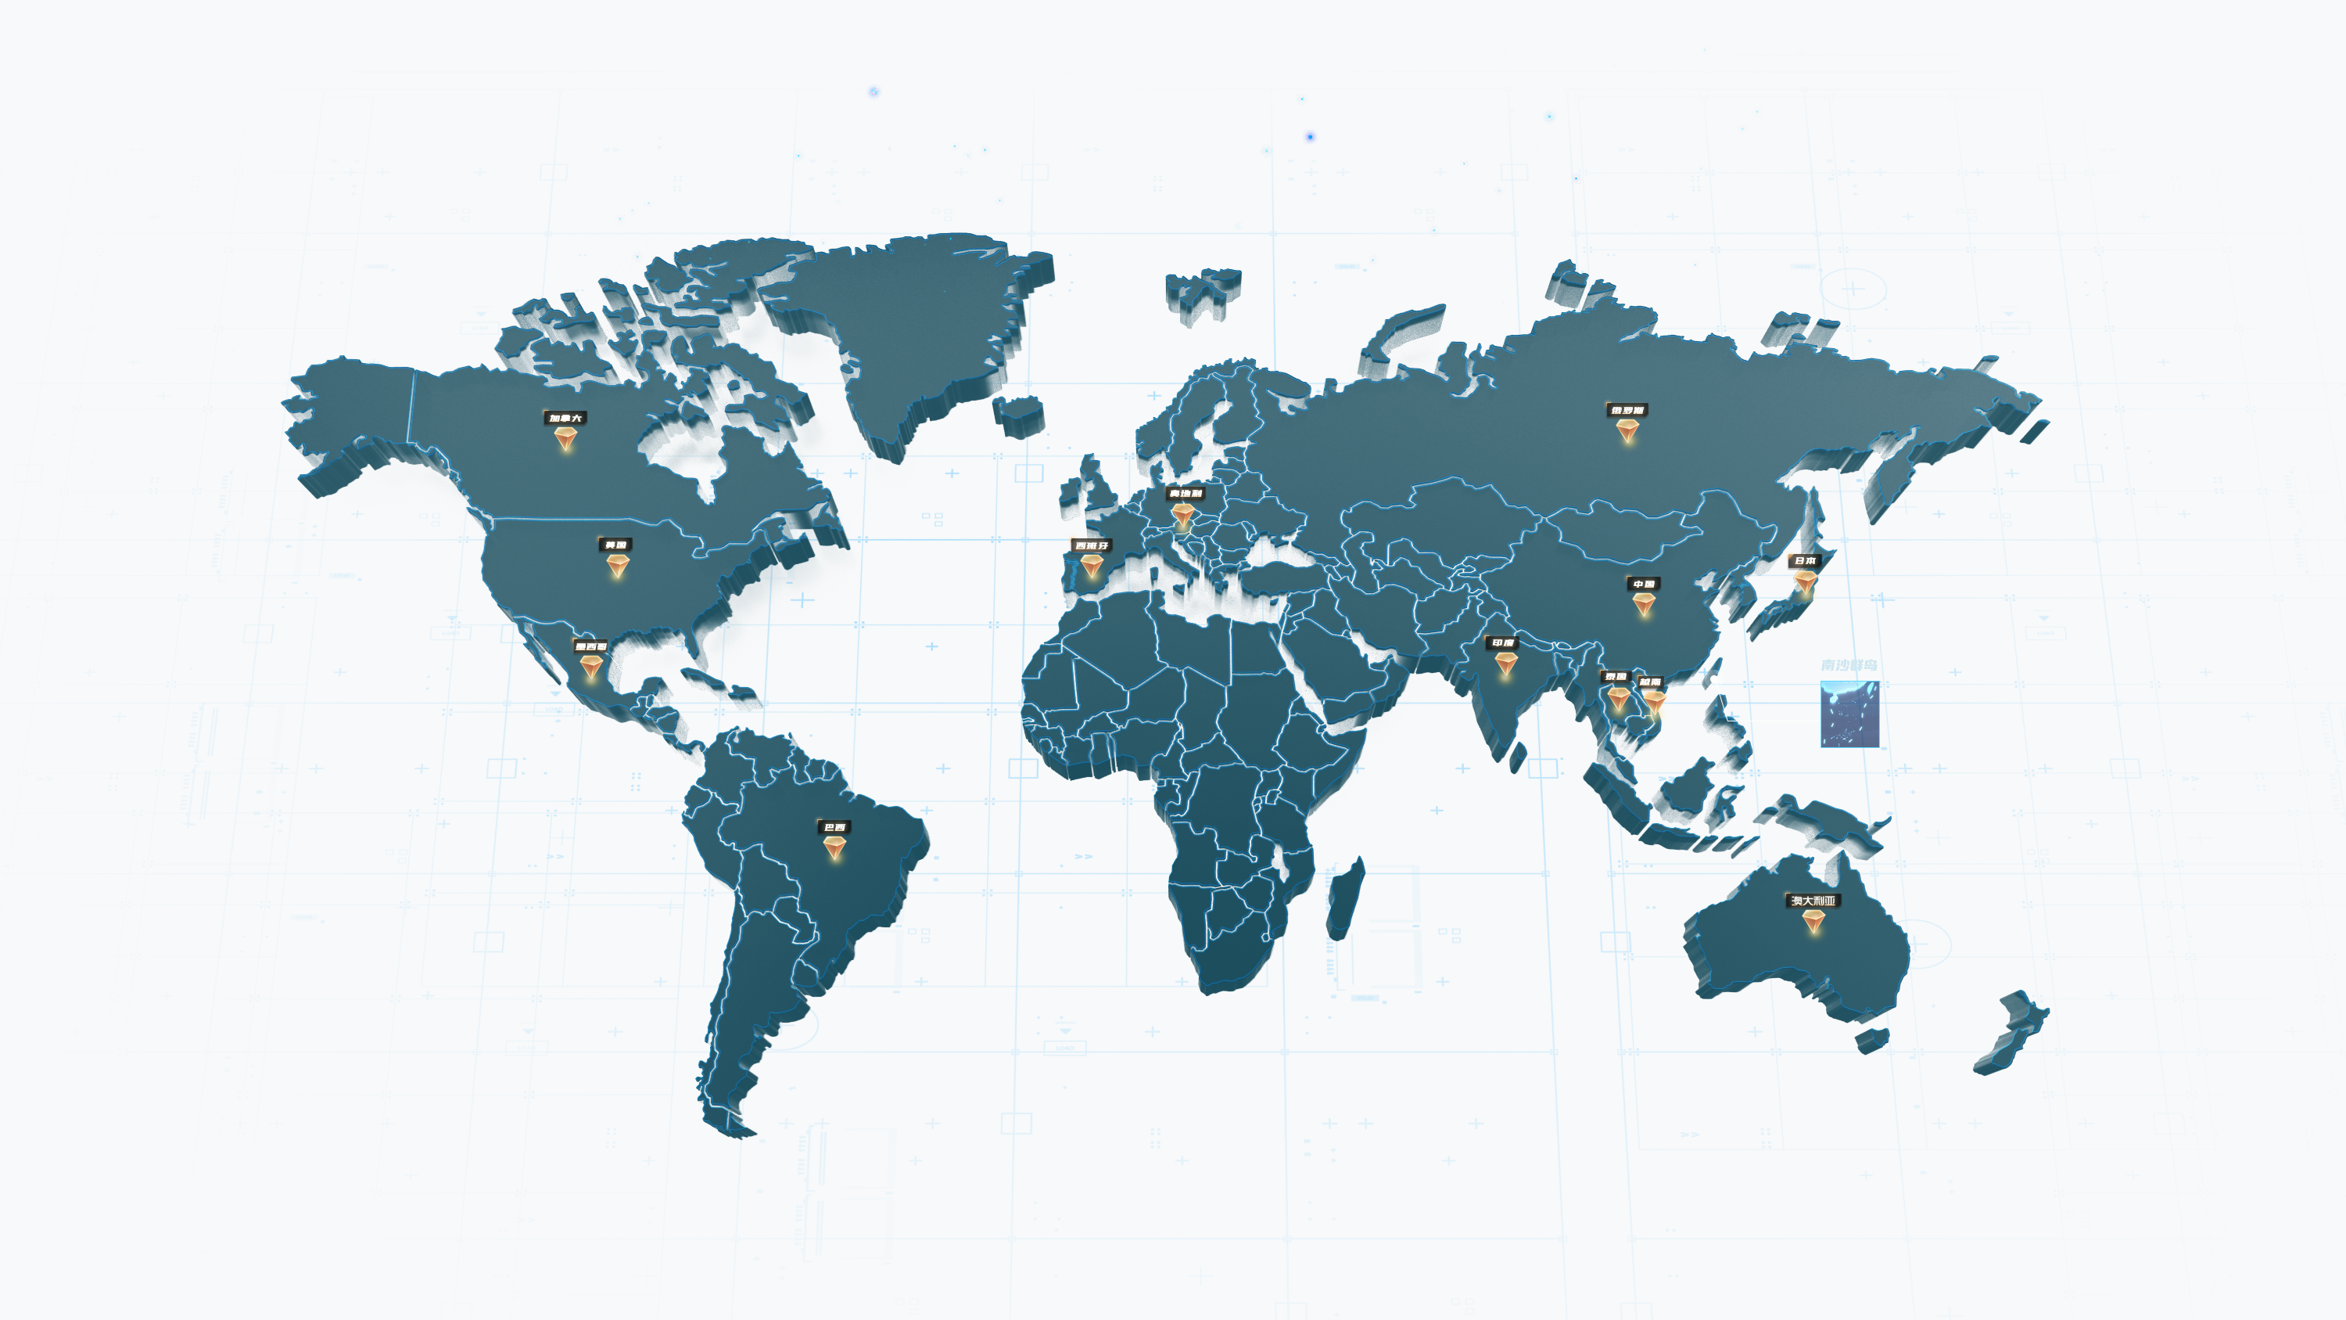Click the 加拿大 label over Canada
(565, 418)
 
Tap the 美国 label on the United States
(615, 545)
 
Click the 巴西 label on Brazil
(834, 827)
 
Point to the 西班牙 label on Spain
(1091, 545)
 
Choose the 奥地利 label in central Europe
(1185, 494)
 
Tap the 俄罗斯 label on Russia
(1627, 410)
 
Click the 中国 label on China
(1644, 584)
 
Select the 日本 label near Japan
(1804, 561)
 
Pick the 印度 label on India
(1503, 643)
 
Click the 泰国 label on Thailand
(1616, 677)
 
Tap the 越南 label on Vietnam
(1650, 682)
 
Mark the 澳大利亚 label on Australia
(1813, 901)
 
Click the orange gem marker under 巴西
(834, 848)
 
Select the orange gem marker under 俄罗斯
(1627, 431)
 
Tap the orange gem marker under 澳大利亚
(1813, 922)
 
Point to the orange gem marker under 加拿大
(565, 440)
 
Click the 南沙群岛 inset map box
(1849, 714)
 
